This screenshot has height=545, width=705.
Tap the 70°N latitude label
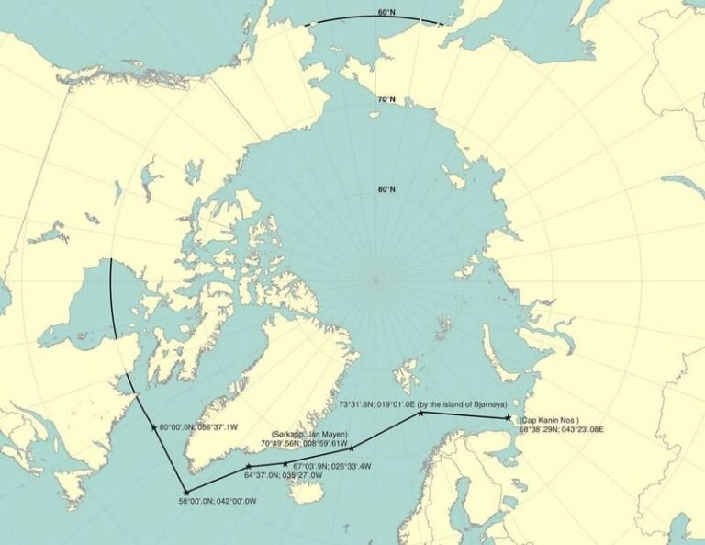(x=386, y=98)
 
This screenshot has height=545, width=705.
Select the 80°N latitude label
(x=386, y=190)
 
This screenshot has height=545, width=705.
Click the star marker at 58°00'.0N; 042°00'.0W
(x=185, y=492)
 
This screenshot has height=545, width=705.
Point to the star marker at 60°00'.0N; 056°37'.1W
(x=153, y=427)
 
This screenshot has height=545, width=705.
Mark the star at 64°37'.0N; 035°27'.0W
(x=248, y=468)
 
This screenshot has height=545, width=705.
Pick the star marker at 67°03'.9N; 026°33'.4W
(x=285, y=464)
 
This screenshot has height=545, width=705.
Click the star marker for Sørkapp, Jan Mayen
(x=352, y=448)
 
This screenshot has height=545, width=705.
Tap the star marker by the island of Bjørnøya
(x=420, y=414)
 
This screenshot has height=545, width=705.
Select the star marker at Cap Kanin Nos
(x=508, y=419)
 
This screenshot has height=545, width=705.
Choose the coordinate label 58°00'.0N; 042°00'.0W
(x=218, y=502)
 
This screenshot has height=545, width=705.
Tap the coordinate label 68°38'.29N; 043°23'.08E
(x=561, y=429)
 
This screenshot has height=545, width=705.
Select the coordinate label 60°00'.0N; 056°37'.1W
(x=199, y=427)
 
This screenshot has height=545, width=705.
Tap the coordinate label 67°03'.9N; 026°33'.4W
(x=332, y=466)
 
